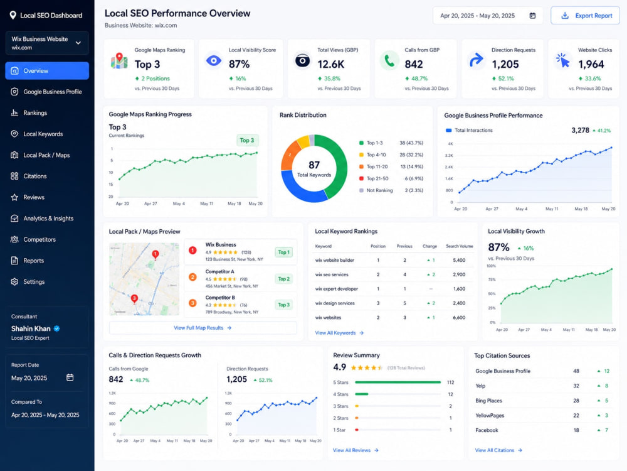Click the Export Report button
click(585, 16)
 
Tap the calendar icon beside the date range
click(532, 16)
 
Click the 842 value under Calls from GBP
click(413, 64)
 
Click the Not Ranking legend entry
click(376, 190)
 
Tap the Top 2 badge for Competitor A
click(283, 279)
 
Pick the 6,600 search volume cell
click(459, 318)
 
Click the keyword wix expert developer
click(336, 289)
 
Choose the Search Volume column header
click(460, 246)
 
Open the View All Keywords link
click(339, 333)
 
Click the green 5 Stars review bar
click(398, 382)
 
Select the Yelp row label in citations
click(480, 386)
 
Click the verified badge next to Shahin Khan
click(57, 328)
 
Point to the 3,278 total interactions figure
click(580, 130)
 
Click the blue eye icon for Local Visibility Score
click(214, 61)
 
